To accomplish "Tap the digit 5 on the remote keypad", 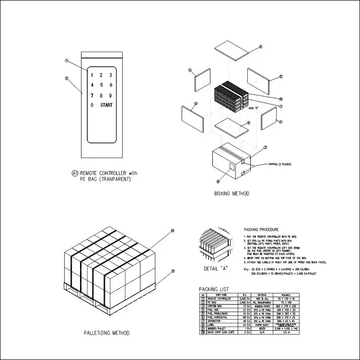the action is [x=101, y=85].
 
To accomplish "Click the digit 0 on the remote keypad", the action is [x=92, y=105].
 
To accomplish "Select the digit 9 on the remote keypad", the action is [x=110, y=95].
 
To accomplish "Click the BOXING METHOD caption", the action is [x=232, y=194].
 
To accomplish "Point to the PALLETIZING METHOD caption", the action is [x=106, y=332].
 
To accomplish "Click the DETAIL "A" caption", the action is [x=216, y=268].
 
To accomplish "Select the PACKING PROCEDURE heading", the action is [x=262, y=230].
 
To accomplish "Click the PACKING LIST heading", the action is [x=214, y=289].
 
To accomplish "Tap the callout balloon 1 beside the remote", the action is [x=67, y=61].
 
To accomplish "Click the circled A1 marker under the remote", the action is [x=75, y=173].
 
